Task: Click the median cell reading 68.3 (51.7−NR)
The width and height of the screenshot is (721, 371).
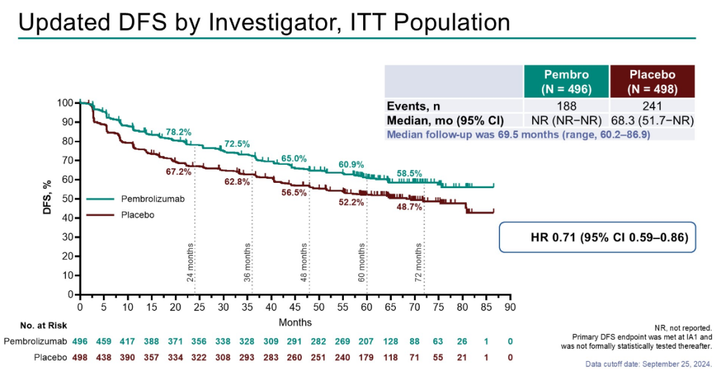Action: [x=652, y=121]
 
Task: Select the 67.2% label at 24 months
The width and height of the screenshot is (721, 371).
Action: [x=178, y=171]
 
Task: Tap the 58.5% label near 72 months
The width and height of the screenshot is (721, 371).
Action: [x=409, y=173]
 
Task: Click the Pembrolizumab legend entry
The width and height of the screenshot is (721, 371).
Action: [x=153, y=200]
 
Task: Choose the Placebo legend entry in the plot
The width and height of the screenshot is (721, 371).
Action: [x=138, y=215]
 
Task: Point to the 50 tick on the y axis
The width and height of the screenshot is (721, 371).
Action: [x=67, y=199]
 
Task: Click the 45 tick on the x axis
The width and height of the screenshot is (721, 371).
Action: [x=294, y=307]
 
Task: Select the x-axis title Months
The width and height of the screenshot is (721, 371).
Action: [x=294, y=322]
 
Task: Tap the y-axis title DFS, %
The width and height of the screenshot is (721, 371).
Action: [x=47, y=198]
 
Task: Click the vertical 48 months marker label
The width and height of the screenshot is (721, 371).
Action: [x=304, y=262]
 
